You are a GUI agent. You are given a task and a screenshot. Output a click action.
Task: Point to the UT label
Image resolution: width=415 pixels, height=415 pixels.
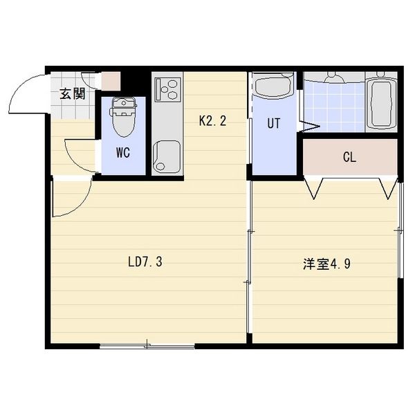coord(274,124)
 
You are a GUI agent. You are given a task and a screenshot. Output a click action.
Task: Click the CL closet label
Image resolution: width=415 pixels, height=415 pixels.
coord(349,157)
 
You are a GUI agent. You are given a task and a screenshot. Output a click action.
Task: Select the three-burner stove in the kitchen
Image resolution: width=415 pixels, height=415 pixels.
coord(167,89)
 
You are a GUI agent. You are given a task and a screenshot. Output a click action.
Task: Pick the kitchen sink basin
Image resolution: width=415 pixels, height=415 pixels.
coord(167,156)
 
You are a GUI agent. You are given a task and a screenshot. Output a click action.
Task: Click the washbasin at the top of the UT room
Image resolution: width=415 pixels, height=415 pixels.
coord(274,86)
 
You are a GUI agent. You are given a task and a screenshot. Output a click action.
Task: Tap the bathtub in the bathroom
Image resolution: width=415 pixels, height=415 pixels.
coord(381,103)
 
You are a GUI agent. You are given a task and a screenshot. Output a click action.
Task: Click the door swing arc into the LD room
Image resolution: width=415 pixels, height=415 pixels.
coord(71,197)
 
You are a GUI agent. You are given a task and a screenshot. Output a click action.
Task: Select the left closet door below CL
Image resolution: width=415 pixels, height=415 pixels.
coord(314,187)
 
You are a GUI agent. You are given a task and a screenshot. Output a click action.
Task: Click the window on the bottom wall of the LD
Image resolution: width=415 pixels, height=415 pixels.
coord(147,345)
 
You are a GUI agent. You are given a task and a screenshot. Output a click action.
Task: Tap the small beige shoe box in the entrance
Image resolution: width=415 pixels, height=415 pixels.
coord(111,81)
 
